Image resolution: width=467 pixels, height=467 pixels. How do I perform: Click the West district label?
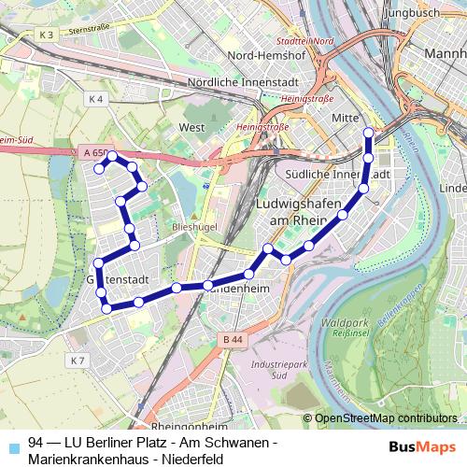[x=191, y=127]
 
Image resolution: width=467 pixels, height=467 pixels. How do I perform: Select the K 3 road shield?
[x=49, y=35]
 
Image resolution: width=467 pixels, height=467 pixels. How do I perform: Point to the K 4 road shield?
[x=94, y=98]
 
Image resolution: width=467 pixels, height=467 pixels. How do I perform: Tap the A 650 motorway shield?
[x=93, y=151]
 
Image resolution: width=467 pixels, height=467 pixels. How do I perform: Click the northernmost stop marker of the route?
[x=368, y=133]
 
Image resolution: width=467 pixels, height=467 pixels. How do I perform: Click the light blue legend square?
[x=11, y=442]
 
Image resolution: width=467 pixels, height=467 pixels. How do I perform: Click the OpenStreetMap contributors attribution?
[x=385, y=418]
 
